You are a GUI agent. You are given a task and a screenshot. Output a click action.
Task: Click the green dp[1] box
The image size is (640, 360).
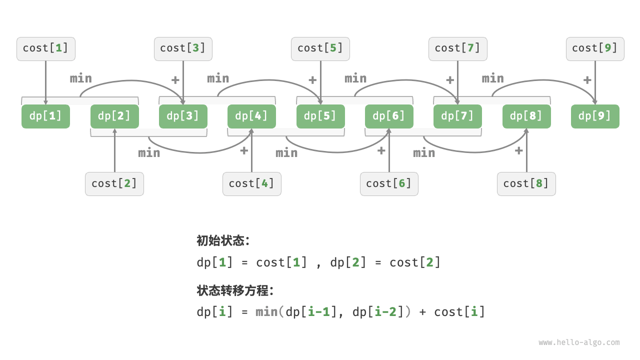pyautogui.click(x=45, y=116)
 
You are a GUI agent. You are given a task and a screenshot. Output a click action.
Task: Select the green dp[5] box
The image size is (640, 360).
pyautogui.click(x=320, y=116)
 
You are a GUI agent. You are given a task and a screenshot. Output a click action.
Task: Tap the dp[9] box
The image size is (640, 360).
pyautogui.click(x=595, y=116)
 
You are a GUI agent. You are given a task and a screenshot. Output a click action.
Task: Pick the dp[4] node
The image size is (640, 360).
pyautogui.click(x=251, y=116)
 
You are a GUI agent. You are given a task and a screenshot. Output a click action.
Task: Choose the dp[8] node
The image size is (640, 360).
pyautogui.click(x=526, y=116)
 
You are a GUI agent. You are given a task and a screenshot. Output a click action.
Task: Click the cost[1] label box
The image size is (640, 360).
pyautogui.click(x=45, y=48)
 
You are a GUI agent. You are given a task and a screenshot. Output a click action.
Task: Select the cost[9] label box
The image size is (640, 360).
pyautogui.click(x=595, y=48)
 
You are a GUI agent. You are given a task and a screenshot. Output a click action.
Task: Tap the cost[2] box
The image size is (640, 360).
pyautogui.click(x=114, y=183)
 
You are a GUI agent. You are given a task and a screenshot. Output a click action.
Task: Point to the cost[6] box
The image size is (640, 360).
pyautogui.click(x=389, y=183)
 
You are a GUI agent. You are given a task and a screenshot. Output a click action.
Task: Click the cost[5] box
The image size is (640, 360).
pyautogui.click(x=320, y=48)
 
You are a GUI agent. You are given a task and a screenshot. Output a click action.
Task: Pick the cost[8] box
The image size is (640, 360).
pyautogui.click(x=526, y=183)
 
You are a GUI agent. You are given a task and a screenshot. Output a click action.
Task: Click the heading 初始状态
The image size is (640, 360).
pyautogui.click(x=223, y=240)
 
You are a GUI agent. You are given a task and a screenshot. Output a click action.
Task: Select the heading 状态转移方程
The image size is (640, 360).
pyautogui.click(x=235, y=290)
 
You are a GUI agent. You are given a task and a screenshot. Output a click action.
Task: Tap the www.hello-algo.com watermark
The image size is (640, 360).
pyautogui.click(x=579, y=342)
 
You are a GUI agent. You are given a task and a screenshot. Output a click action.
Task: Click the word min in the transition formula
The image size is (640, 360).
pyautogui.click(x=266, y=312)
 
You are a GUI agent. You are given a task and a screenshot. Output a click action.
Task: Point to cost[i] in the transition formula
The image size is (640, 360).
pyautogui.click(x=459, y=312)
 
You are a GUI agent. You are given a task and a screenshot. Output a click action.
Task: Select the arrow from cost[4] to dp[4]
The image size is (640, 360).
pyautogui.click(x=251, y=155)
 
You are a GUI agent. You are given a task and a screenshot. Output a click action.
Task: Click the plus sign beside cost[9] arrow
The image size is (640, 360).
pyautogui.click(x=587, y=80)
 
